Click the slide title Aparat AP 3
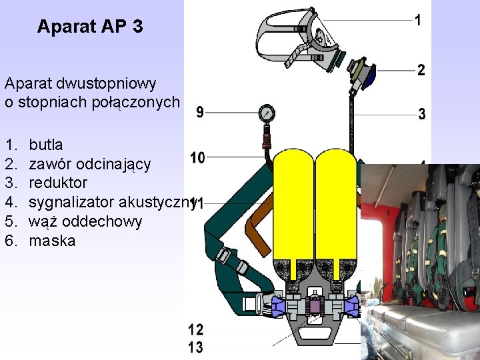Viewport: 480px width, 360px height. coord(90,27)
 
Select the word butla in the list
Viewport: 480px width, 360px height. coord(46,144)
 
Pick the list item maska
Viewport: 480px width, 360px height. coord(52,241)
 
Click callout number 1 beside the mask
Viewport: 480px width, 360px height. coord(417,20)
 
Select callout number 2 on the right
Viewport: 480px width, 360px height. coord(421,69)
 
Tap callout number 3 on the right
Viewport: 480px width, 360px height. coord(421,114)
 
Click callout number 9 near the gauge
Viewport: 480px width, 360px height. coord(200,113)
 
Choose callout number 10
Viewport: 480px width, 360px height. coord(197,158)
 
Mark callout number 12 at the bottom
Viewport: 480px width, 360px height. coord(196,329)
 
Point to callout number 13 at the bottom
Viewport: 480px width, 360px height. coord(196,347)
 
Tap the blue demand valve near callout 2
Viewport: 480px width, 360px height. coord(365,75)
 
